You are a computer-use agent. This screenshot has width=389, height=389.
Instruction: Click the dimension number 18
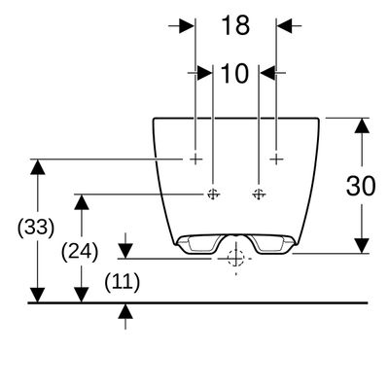235,25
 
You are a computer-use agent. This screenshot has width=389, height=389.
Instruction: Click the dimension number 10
234,74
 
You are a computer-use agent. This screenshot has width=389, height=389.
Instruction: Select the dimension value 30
361,186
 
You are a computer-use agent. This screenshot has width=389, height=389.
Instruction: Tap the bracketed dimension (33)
36,228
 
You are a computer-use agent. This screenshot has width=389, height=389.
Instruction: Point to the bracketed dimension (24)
80,252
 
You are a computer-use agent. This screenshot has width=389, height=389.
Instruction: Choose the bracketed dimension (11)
123,282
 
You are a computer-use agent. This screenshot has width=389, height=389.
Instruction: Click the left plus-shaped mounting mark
195,159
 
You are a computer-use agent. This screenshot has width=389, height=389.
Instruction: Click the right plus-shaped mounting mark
276,159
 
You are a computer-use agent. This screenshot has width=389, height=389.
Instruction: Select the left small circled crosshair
213,194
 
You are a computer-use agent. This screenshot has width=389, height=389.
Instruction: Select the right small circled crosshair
259,194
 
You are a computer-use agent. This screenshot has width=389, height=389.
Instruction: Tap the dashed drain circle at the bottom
235,259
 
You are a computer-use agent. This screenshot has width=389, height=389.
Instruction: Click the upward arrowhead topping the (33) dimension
38,166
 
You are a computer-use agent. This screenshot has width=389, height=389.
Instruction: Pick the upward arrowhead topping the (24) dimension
82,202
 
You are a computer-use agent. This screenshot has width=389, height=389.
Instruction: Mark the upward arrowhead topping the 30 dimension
362,125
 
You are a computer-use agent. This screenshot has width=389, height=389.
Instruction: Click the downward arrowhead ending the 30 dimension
362,245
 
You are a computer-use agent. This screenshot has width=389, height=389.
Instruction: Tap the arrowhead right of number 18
285,25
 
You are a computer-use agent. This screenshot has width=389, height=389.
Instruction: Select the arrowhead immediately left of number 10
205,73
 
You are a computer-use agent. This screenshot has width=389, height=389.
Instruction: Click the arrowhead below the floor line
125,311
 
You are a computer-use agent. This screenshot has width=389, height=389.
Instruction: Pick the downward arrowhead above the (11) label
125,251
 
